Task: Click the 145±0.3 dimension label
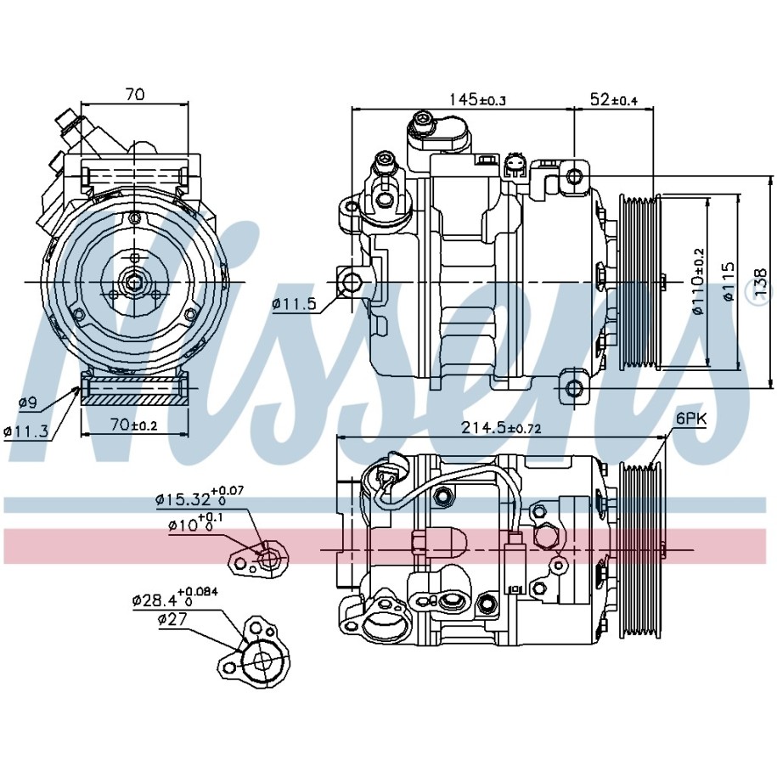[x=477, y=99]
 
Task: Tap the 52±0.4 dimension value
[x=614, y=99]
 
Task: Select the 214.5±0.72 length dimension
[x=500, y=427]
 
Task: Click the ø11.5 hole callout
[x=294, y=304]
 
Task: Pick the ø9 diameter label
[x=28, y=403]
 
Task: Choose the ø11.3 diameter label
[x=25, y=432]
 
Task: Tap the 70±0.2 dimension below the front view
[x=134, y=425]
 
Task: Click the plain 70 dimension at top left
[x=134, y=94]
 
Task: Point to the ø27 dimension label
[x=170, y=621]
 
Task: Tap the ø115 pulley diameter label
[x=729, y=282]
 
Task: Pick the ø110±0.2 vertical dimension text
[x=699, y=280]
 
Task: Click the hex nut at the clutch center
[x=134, y=283]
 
